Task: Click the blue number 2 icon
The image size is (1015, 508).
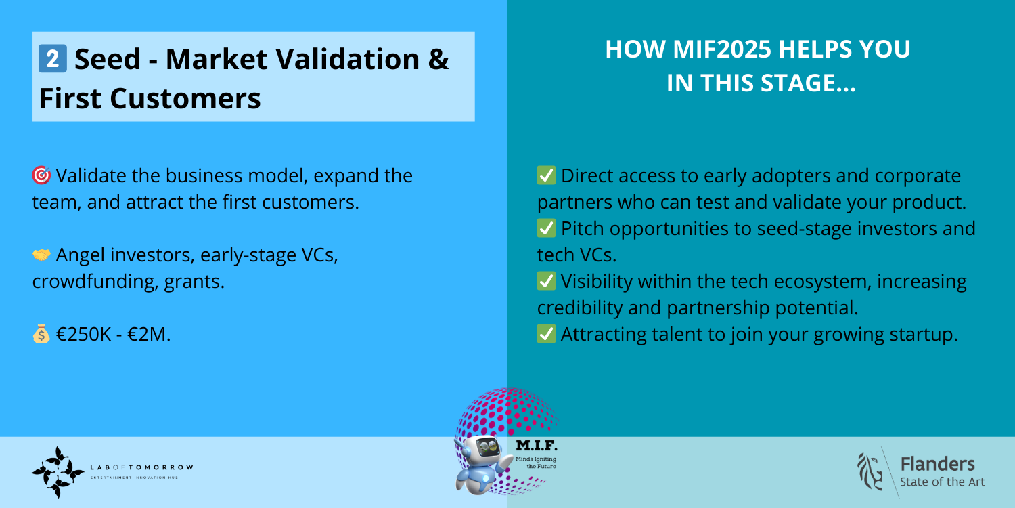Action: [x=53, y=58]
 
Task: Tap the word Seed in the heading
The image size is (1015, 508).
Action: [x=108, y=59]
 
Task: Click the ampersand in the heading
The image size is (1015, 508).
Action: [x=438, y=59]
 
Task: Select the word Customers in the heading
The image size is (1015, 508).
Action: [x=185, y=98]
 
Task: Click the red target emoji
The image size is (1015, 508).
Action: [x=41, y=175]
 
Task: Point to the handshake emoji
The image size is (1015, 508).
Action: [x=41, y=255]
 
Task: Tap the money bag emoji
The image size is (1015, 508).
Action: [x=41, y=335]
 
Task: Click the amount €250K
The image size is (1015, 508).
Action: [x=83, y=335]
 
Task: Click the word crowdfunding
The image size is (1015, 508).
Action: [x=95, y=282]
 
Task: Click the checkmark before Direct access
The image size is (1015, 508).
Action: [x=547, y=175]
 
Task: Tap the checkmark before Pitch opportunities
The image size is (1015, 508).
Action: [x=547, y=229]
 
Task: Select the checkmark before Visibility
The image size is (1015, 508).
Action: [x=547, y=281]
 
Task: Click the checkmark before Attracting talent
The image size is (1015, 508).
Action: [x=547, y=335]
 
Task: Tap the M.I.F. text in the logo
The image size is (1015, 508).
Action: [x=537, y=445]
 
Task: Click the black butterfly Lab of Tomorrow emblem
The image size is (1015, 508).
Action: [x=58, y=472]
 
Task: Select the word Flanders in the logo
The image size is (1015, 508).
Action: [x=937, y=465]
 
